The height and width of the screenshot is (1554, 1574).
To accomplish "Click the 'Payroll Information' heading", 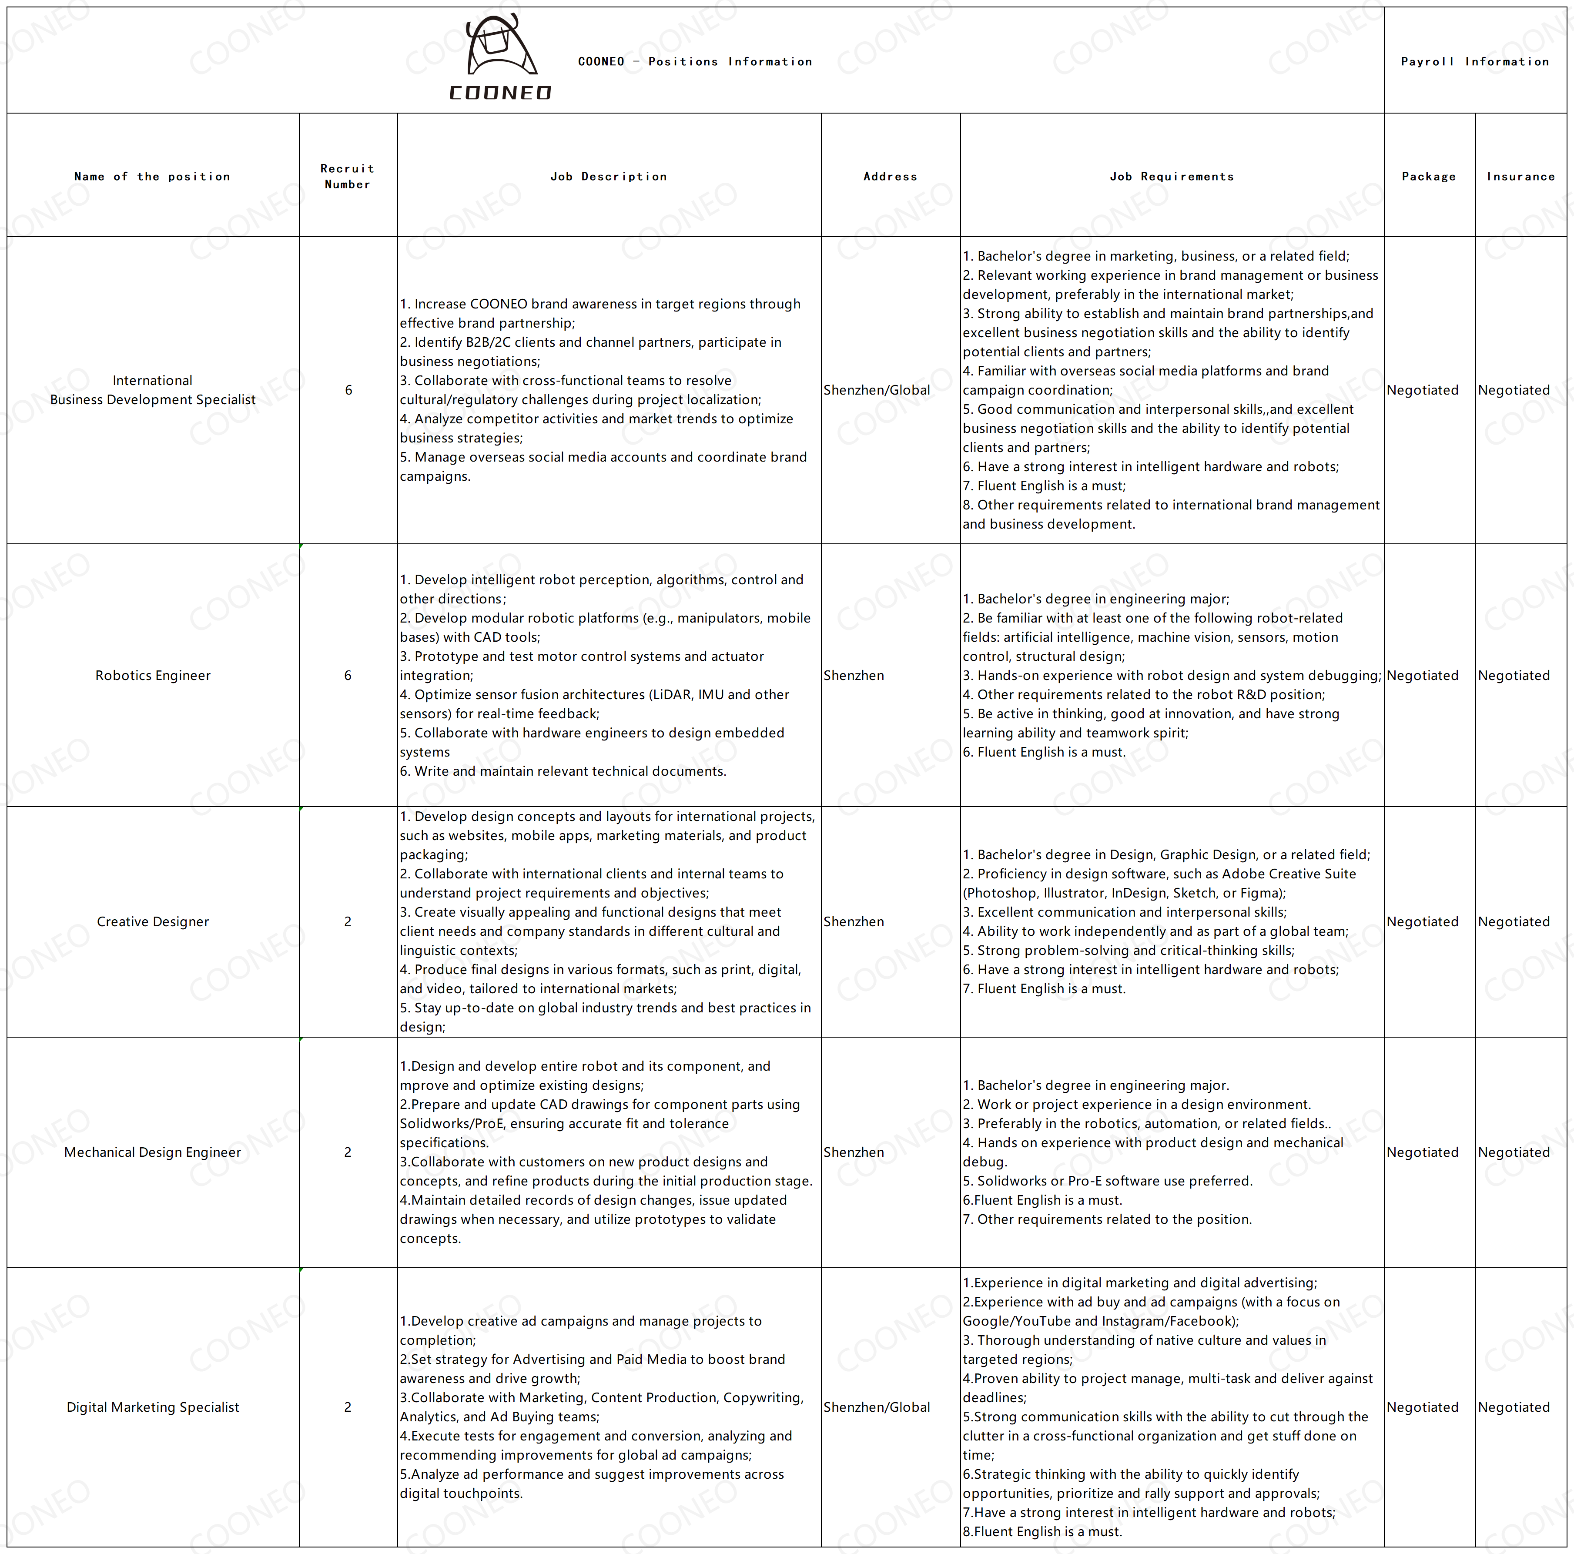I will [1475, 61].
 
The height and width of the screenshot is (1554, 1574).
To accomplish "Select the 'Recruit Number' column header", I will [348, 176].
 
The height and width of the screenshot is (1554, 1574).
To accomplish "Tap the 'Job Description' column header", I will [609, 176].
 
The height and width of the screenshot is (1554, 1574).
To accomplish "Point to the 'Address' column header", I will [891, 176].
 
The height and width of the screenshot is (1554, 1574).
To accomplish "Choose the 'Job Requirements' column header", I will [1172, 176].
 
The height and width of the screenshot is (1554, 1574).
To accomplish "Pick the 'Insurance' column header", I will [1520, 176].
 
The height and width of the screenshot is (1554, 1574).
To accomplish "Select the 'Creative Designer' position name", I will [153, 921].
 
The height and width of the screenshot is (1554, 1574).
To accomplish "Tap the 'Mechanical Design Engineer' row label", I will [153, 1152].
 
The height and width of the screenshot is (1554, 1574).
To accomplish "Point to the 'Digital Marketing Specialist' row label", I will [153, 1407].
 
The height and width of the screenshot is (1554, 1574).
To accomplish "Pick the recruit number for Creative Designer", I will [348, 921].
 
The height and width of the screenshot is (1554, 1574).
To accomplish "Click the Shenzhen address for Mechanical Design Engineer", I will [853, 1152].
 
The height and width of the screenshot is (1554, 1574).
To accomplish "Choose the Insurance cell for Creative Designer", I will [1514, 921].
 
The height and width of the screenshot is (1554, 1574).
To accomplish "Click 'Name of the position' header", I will [152, 176].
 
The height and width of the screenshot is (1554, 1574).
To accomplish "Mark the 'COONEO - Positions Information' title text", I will [695, 61].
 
